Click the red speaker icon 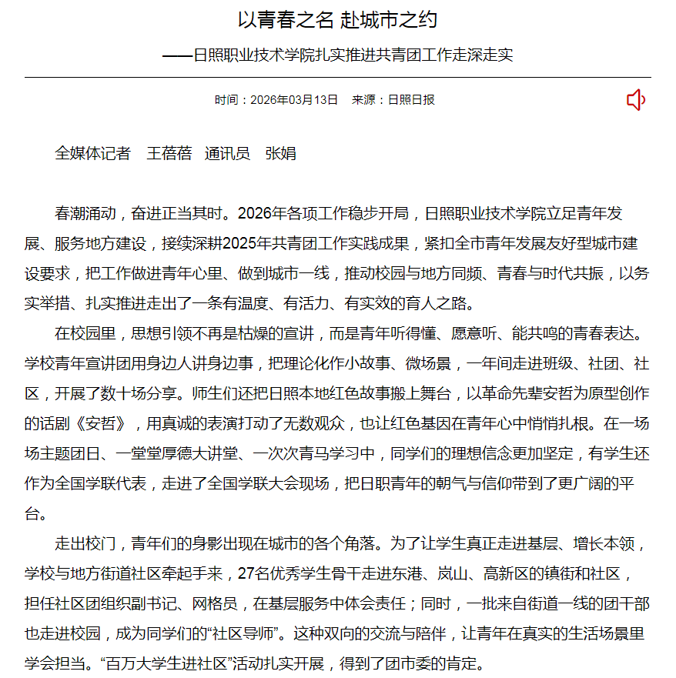[635, 100]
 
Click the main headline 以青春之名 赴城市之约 [337, 20]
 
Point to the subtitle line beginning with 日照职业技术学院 [353, 55]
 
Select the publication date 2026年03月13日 [294, 100]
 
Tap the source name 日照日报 [411, 100]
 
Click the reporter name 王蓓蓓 [169, 153]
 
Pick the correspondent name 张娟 [280, 153]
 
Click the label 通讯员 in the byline [227, 153]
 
